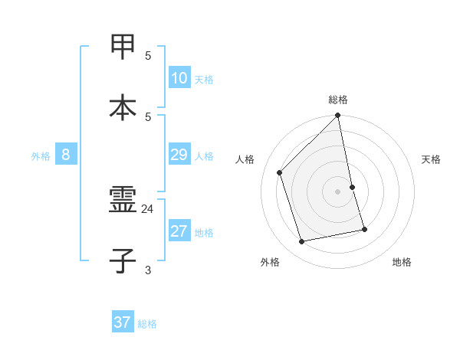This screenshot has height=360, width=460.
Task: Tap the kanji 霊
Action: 123,200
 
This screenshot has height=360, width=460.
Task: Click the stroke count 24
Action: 148,208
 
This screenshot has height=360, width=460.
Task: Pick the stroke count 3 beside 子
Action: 148,270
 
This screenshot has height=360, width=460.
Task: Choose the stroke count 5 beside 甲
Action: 148,56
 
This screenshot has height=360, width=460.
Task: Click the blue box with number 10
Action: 179,77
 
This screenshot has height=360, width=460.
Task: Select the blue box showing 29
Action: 179,155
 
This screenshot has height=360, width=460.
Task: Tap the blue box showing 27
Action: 179,231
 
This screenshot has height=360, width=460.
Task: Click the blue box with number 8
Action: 66,155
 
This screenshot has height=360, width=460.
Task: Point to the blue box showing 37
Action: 122,322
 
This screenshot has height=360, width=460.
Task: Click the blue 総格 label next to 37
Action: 147,324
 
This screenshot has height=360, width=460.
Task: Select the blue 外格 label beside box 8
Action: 41,156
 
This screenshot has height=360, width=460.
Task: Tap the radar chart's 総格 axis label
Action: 338,100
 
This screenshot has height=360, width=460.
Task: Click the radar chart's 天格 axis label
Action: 432,159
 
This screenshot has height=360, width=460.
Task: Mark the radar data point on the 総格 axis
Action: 338,116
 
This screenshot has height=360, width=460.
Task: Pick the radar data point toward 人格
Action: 280,172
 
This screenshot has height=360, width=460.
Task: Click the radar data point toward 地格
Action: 364,229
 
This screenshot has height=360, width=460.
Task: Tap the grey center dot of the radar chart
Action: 338,191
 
